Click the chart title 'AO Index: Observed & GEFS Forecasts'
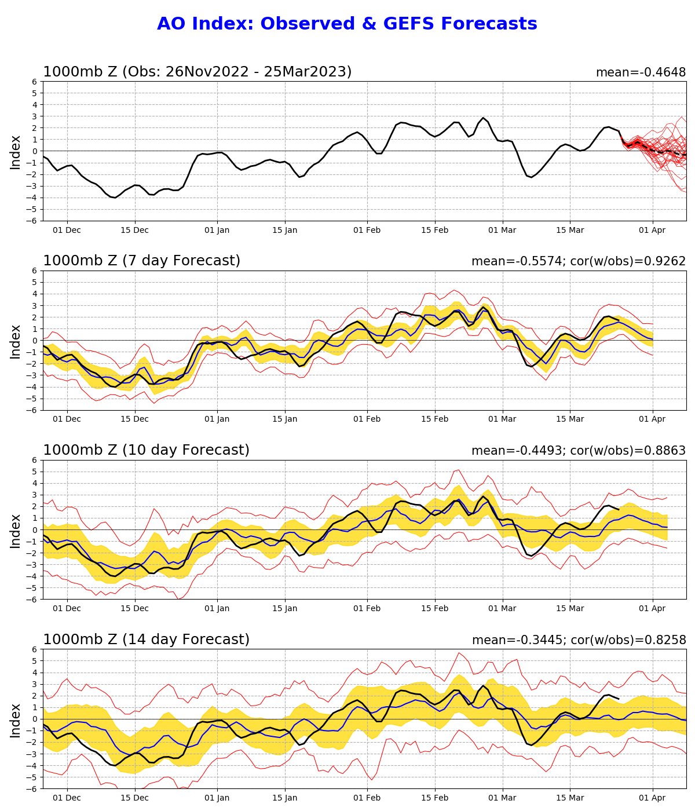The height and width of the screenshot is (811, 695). [x=347, y=24]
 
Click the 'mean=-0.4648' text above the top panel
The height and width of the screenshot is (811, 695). [x=641, y=72]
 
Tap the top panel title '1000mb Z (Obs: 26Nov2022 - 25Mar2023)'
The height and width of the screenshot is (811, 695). [x=197, y=72]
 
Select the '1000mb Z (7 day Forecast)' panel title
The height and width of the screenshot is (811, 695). [x=141, y=261]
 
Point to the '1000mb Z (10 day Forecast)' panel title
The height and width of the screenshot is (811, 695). [x=146, y=450]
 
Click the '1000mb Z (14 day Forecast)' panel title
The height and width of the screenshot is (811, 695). [x=146, y=640]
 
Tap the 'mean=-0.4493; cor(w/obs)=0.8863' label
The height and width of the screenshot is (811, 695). [x=578, y=451]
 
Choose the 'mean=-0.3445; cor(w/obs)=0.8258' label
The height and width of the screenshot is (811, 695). [x=579, y=640]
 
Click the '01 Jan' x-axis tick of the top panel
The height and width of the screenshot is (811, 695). [x=218, y=230]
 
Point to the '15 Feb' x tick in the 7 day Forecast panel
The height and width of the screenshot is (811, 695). [x=435, y=419]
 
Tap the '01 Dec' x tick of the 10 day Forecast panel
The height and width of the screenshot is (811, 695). [x=67, y=609]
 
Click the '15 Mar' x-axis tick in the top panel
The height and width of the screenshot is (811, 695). [x=570, y=230]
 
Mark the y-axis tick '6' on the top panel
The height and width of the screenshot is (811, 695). [x=35, y=82]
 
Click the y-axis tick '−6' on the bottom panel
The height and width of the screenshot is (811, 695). [x=32, y=789]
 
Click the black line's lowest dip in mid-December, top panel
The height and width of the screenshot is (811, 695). [x=115, y=198]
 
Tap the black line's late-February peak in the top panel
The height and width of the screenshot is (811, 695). [x=483, y=118]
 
